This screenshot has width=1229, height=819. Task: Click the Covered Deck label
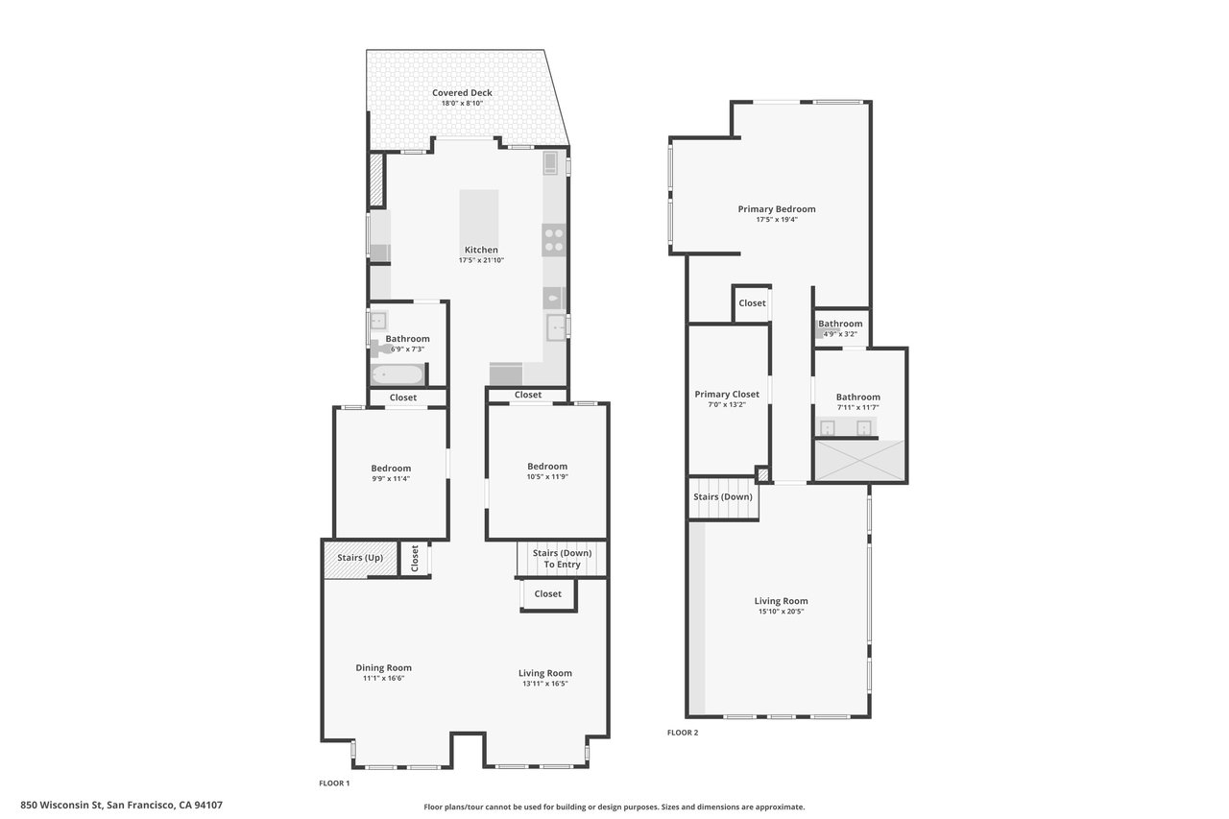[462, 93]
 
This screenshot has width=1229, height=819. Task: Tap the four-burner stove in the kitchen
[554, 238]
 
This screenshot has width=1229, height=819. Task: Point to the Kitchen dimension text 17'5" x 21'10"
[481, 260]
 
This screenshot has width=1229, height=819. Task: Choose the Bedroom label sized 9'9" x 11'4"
[391, 469]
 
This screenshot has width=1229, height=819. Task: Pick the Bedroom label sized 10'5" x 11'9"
[546, 467]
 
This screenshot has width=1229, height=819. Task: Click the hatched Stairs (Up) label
[360, 558]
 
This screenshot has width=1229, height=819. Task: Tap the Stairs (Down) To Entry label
[562, 559]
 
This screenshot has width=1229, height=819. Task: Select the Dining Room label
[383, 668]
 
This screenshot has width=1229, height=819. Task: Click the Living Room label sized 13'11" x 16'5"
[544, 673]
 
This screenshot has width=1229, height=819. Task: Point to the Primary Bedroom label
[776, 209]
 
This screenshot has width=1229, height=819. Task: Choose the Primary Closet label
[727, 395]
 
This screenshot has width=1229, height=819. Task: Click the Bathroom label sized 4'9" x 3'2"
[840, 325]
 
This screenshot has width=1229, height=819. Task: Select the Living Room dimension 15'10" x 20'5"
[780, 611]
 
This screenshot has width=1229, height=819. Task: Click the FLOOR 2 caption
[683, 733]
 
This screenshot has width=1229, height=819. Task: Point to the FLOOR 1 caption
[334, 783]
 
